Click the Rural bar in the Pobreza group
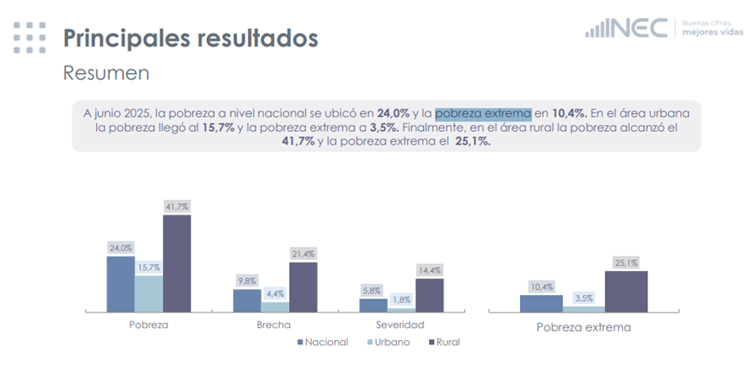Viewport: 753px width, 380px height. click(x=177, y=264)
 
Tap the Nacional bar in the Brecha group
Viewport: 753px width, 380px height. click(x=246, y=300)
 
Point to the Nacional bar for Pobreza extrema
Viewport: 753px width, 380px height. click(x=541, y=303)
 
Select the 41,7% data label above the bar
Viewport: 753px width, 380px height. click(x=177, y=207)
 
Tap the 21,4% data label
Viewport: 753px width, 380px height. click(x=303, y=253)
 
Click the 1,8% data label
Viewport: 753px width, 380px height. click(x=402, y=299)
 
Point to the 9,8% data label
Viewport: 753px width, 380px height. click(x=246, y=281)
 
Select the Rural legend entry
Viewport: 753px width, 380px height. click(x=446, y=342)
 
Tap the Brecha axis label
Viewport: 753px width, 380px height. click(x=273, y=325)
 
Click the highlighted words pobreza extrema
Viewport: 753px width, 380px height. click(x=483, y=113)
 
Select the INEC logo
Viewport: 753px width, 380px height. click(x=626, y=28)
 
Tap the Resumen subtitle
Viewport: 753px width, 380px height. click(x=106, y=73)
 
